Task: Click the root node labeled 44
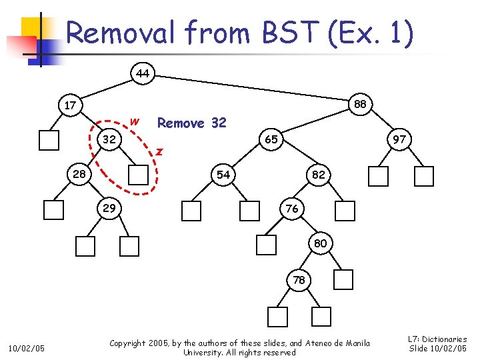point(142,73)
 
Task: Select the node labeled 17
point(69,105)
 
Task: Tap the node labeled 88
point(360,104)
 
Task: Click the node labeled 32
point(109,139)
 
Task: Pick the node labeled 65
point(271,139)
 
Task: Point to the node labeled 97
point(399,139)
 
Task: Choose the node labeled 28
point(79,174)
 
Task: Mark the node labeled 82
point(319,174)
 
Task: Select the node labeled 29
point(109,209)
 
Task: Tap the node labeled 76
point(291,209)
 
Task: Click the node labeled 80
point(320,243)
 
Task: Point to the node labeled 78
point(299,280)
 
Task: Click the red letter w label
point(135,121)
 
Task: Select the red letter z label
point(159,151)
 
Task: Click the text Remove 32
point(191,123)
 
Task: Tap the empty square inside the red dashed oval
point(139,175)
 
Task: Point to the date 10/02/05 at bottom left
point(26,347)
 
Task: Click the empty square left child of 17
point(49,140)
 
